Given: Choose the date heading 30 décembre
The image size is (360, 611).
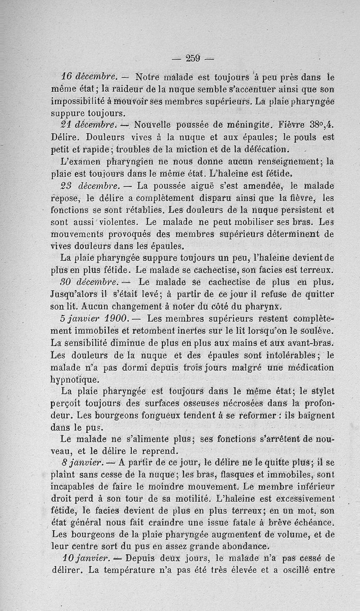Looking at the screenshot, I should pos(89,282).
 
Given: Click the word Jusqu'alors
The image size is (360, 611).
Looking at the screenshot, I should pos(72,294).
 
